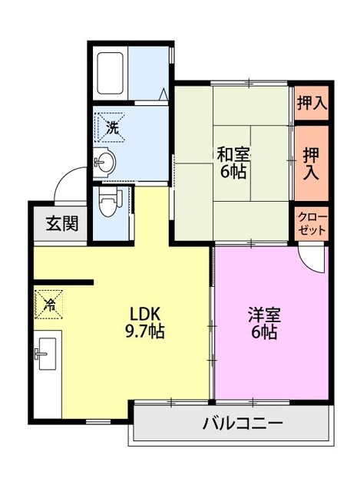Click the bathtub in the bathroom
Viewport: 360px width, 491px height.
[x=109, y=74]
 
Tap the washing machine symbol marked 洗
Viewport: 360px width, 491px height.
[x=111, y=128]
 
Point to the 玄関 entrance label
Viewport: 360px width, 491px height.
[x=62, y=223]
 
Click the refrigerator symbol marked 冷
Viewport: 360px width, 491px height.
[x=49, y=304]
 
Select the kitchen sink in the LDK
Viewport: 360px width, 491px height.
[x=46, y=354]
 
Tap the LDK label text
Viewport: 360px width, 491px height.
[x=145, y=315]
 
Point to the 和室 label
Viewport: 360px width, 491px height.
[x=234, y=155]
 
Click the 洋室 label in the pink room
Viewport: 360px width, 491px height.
[x=264, y=315]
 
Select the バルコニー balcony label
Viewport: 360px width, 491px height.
[x=243, y=424]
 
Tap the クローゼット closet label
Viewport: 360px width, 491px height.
[x=312, y=223]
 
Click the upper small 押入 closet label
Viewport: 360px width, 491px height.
[x=312, y=103]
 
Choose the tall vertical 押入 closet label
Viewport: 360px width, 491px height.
[x=311, y=163]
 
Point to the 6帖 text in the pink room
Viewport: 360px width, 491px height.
[x=264, y=332]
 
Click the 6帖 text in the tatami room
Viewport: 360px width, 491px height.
[x=233, y=171]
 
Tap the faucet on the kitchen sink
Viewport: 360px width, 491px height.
[x=41, y=354]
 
